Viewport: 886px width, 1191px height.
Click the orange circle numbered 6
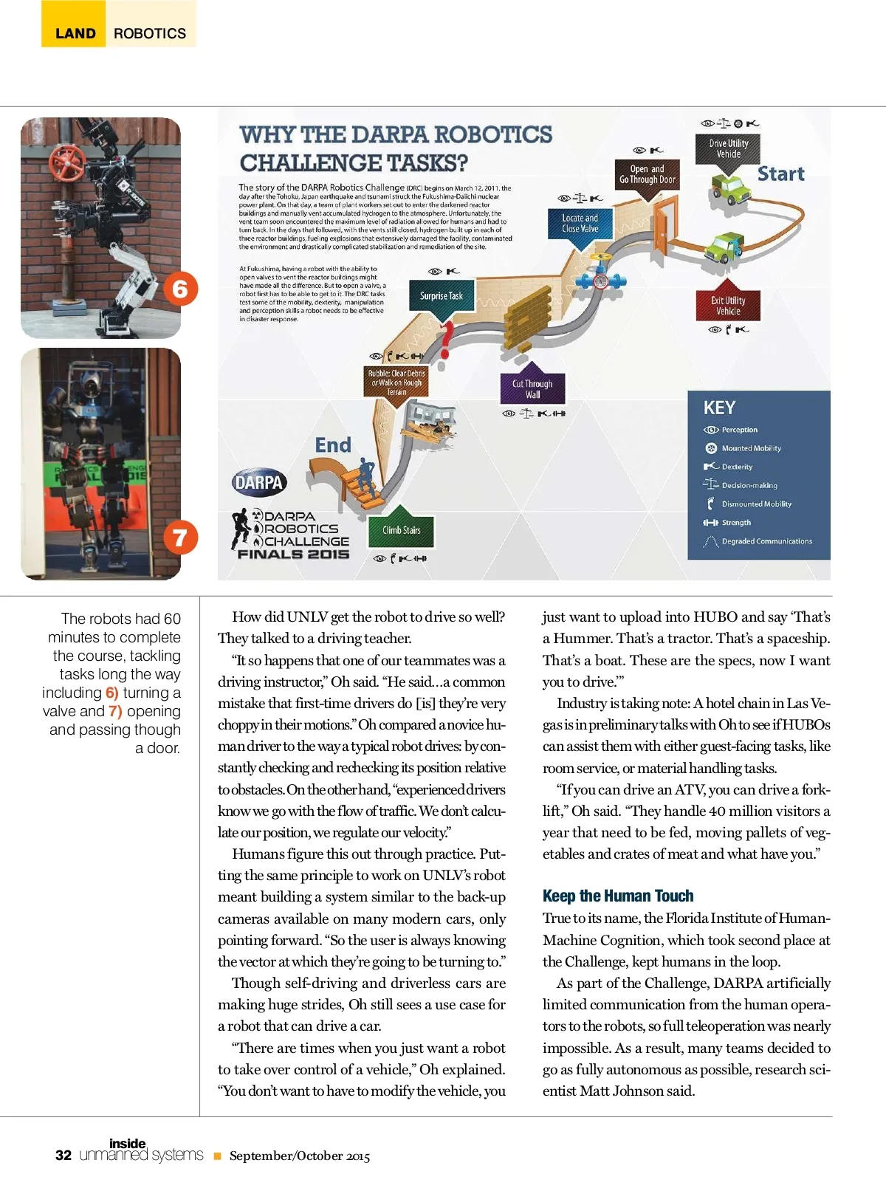click(x=180, y=288)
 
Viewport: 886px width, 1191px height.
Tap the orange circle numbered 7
click(x=180, y=537)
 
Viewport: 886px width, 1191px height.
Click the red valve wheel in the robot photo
click(x=68, y=163)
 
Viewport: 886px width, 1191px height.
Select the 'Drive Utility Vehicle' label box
click(x=728, y=148)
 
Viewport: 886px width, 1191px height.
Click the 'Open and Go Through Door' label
click(x=648, y=174)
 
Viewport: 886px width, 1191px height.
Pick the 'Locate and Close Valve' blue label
click(x=580, y=223)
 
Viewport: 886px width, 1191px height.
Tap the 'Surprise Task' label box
click(x=442, y=296)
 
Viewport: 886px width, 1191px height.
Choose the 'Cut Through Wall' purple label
click(x=532, y=388)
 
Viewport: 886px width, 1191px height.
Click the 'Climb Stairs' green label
click(x=402, y=529)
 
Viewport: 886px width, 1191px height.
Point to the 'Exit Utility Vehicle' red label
click(x=728, y=306)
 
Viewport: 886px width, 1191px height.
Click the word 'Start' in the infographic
click(x=780, y=174)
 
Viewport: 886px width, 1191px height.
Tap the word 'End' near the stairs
click(x=333, y=445)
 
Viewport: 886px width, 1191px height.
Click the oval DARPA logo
click(x=259, y=483)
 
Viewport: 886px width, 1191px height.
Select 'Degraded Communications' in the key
click(x=766, y=541)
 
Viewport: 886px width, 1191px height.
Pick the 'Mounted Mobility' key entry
click(x=751, y=448)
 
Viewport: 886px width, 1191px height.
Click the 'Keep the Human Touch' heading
click(x=618, y=896)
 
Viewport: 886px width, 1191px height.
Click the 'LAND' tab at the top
click(x=75, y=33)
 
